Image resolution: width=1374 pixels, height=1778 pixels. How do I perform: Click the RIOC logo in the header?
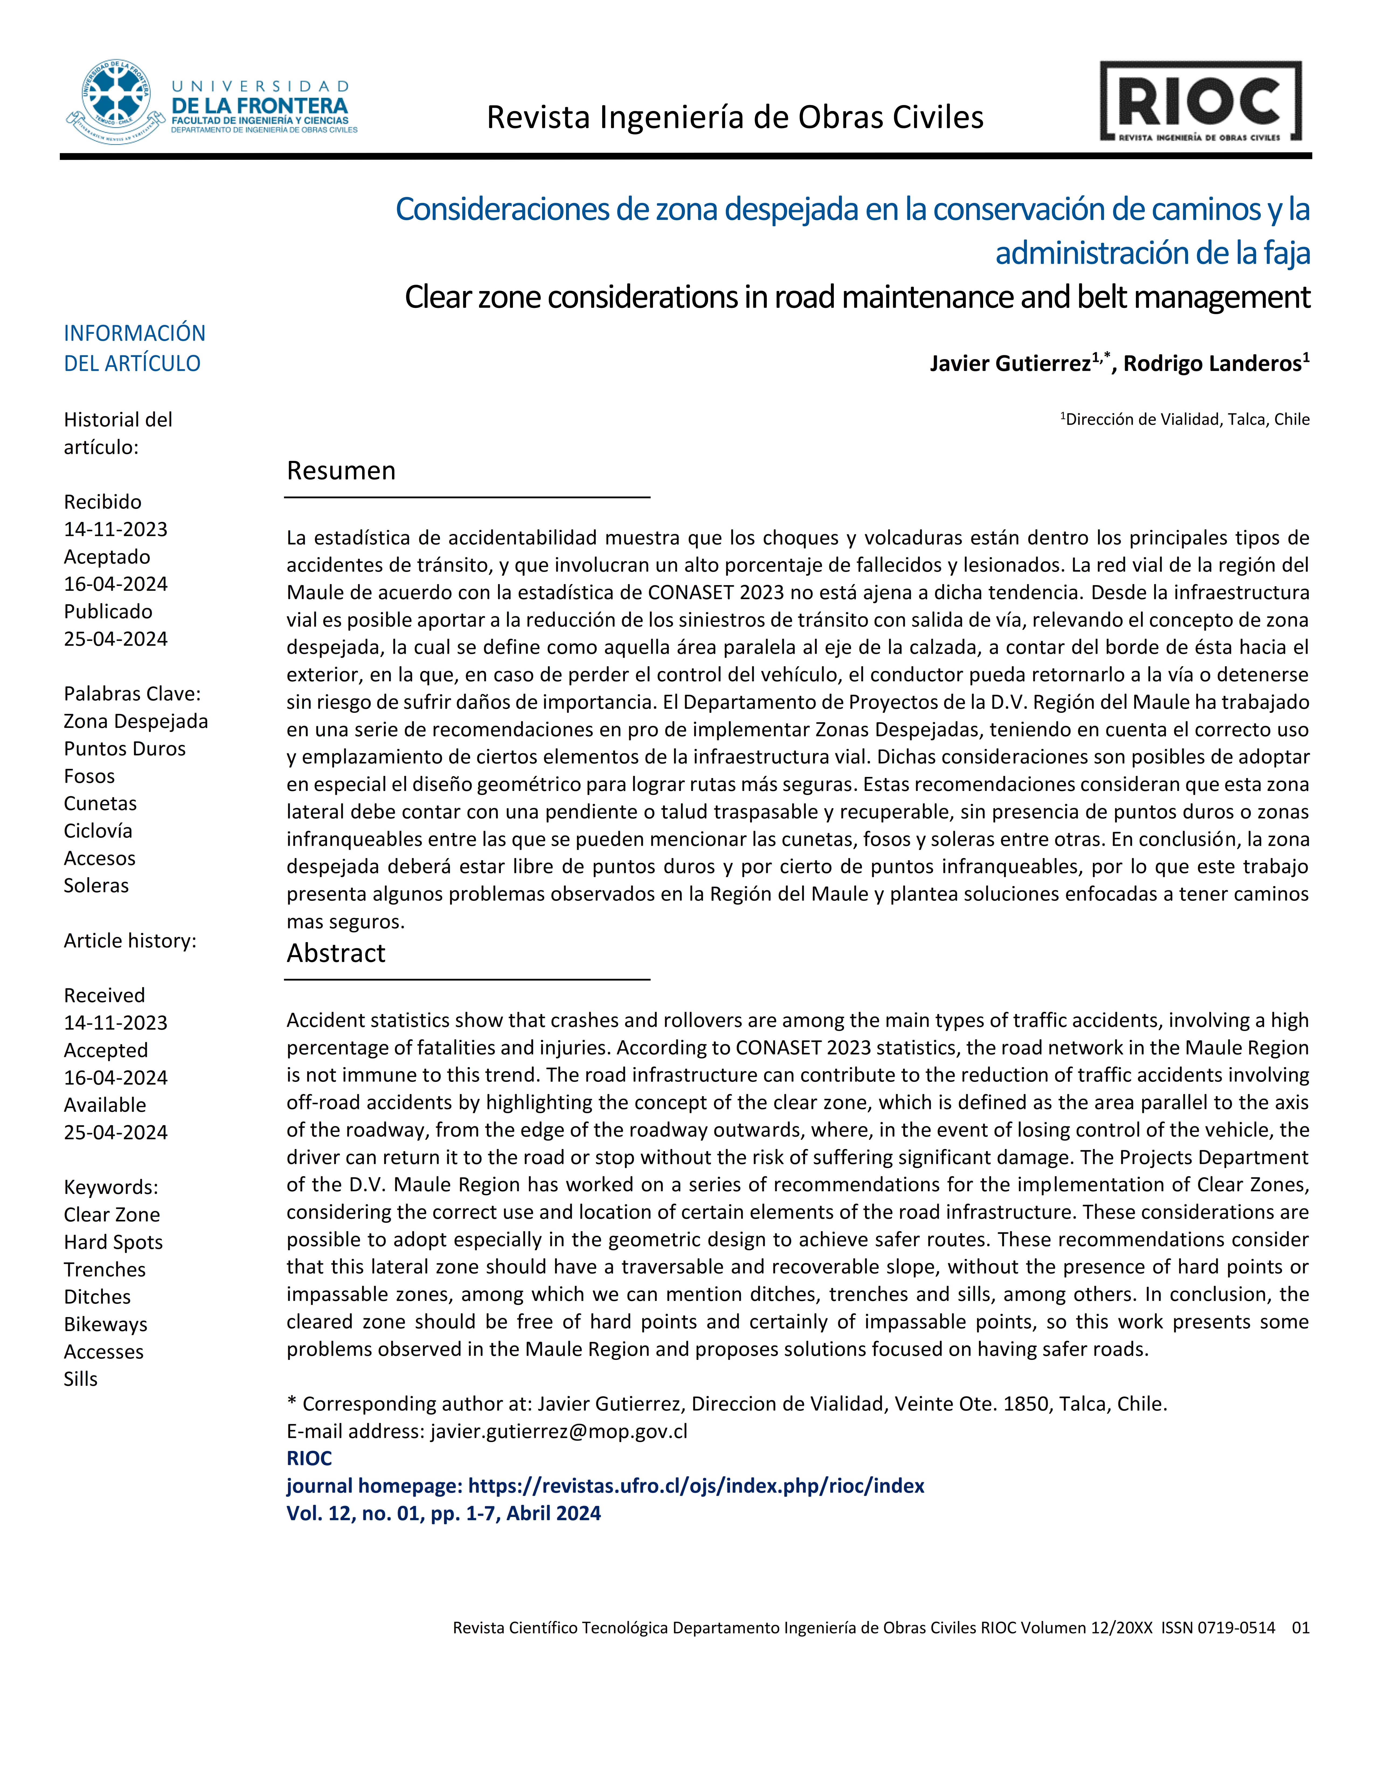(1200, 102)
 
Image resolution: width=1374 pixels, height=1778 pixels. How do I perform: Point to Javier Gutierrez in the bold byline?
(1009, 364)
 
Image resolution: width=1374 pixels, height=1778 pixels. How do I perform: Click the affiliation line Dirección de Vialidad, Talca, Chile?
(1187, 419)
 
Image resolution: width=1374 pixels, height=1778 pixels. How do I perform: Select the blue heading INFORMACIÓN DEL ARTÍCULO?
(134, 348)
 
